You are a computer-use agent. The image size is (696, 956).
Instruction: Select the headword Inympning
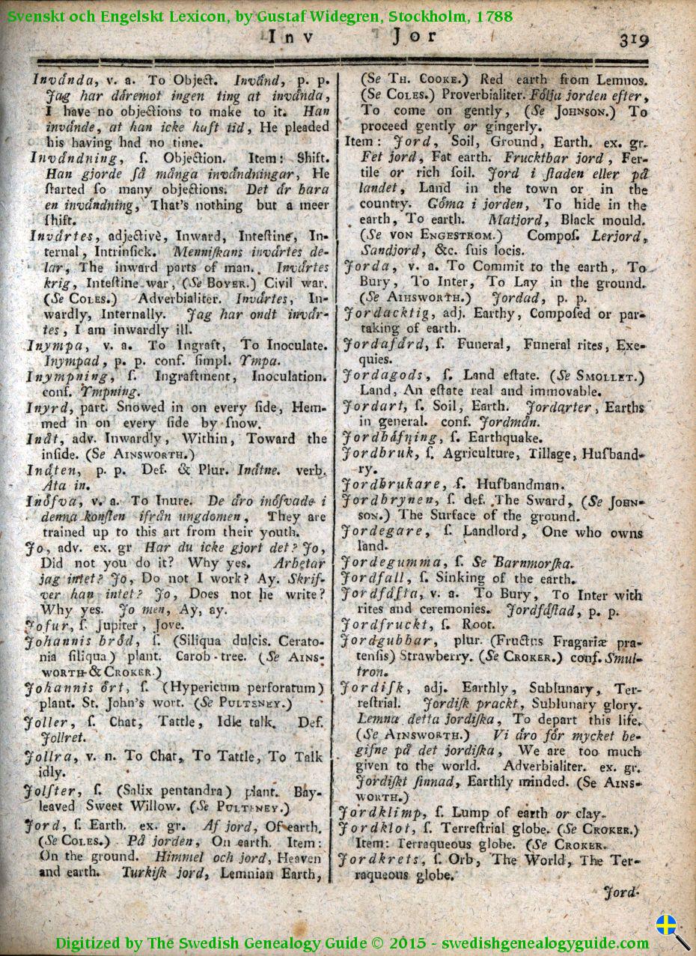(60, 376)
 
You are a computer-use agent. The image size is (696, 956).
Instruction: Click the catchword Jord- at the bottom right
(620, 892)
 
